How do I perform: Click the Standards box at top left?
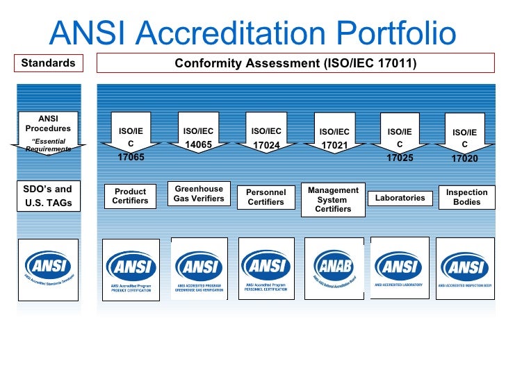pos(48,63)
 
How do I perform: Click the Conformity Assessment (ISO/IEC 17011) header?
pos(295,64)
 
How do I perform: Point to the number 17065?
pos(131,158)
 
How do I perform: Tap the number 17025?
pos(400,158)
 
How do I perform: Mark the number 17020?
pos(464,158)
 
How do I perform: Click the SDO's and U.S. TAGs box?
pos(48,196)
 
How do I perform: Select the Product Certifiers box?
pos(131,196)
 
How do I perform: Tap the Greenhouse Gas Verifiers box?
pos(199,194)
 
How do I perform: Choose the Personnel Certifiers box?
pos(266,196)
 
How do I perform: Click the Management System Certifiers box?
pos(333,199)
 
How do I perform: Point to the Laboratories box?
pos(400,198)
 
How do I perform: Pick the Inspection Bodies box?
pos(467,196)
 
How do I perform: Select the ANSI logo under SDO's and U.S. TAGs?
pos(48,269)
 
